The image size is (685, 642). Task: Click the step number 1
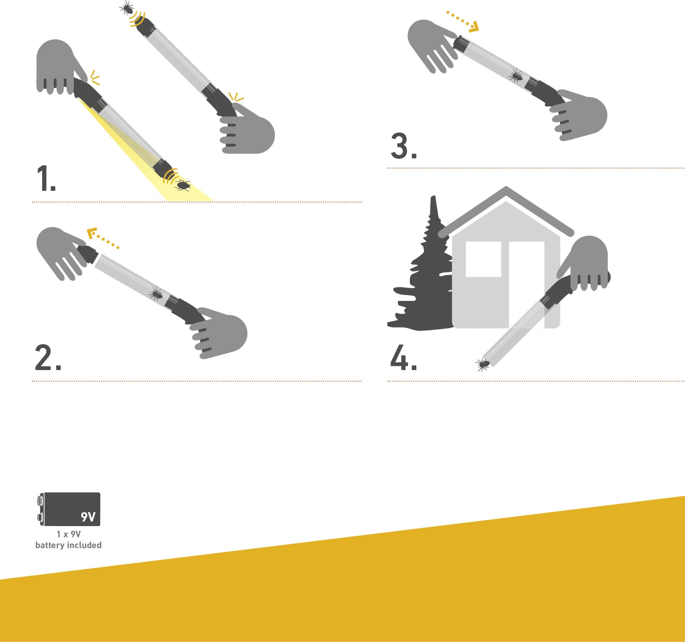pyautogui.click(x=46, y=178)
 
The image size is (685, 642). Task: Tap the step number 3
pyautogui.click(x=404, y=146)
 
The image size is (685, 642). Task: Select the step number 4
pyautogui.click(x=403, y=357)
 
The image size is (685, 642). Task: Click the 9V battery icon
pyautogui.click(x=69, y=509)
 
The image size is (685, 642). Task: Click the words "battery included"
pyautogui.click(x=68, y=545)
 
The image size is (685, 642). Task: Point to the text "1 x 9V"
pyautogui.click(x=69, y=534)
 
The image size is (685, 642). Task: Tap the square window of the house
pyautogui.click(x=483, y=259)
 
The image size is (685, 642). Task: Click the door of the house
pyautogui.click(x=527, y=285)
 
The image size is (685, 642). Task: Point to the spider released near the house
pyautogui.click(x=482, y=364)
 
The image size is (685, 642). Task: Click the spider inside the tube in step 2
pyautogui.click(x=155, y=294)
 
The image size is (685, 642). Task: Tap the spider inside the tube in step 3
pyautogui.click(x=516, y=75)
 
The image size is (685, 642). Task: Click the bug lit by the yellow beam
pyautogui.click(x=183, y=185)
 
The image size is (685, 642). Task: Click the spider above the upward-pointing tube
pyautogui.click(x=127, y=7)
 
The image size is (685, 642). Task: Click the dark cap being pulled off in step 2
pyautogui.click(x=89, y=255)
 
